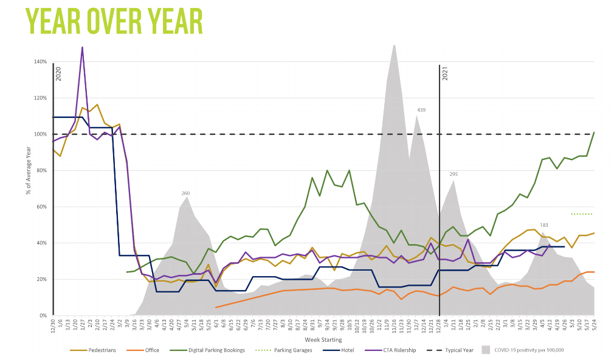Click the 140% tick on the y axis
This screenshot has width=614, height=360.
click(x=40, y=61)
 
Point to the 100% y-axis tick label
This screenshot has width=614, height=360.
click(x=40, y=134)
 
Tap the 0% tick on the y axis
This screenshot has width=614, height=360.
click(x=43, y=316)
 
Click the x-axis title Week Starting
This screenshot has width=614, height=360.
click(x=323, y=339)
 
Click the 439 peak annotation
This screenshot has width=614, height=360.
click(x=421, y=110)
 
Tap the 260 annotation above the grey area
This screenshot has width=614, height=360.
click(x=186, y=193)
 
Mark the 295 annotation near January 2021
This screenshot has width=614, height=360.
click(x=454, y=175)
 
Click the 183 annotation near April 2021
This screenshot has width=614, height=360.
click(x=544, y=226)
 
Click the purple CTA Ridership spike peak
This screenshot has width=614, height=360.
click(x=82, y=47)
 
